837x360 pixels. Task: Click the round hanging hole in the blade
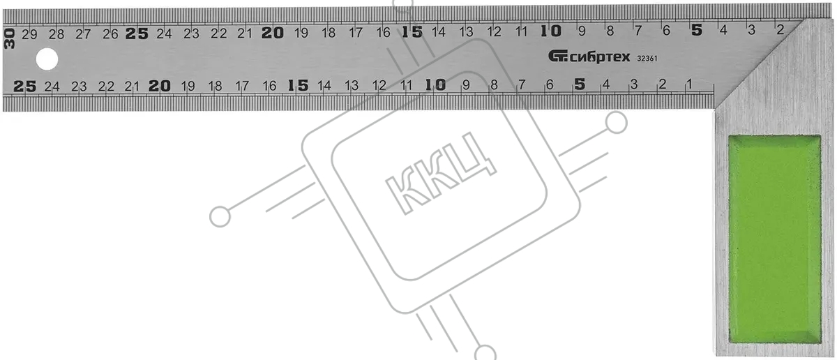(x=47, y=59)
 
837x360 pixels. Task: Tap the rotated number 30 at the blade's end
(x=9, y=39)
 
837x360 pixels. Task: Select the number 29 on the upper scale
(x=29, y=34)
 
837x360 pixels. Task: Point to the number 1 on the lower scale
(x=689, y=84)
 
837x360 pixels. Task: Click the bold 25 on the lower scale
(x=24, y=87)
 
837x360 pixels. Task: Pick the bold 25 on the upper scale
(x=137, y=33)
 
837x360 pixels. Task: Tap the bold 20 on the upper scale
(x=273, y=33)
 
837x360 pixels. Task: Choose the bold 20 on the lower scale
(x=160, y=86)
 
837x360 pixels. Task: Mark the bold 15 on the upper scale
(x=412, y=32)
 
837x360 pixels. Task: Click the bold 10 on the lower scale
(x=436, y=85)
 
